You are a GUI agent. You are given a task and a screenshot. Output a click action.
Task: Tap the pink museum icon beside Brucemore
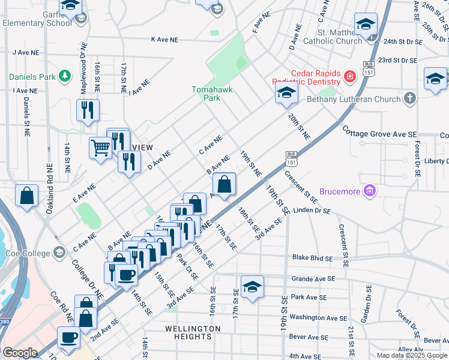point(370,191)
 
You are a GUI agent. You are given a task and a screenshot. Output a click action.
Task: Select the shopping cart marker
point(100,147)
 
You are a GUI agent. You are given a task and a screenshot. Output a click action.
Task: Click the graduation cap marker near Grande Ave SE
point(252,286)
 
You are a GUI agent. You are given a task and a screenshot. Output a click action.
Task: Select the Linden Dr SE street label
point(312,211)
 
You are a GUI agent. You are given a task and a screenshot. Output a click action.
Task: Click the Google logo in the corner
point(20,352)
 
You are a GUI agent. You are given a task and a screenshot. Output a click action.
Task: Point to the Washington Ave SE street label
point(318,317)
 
